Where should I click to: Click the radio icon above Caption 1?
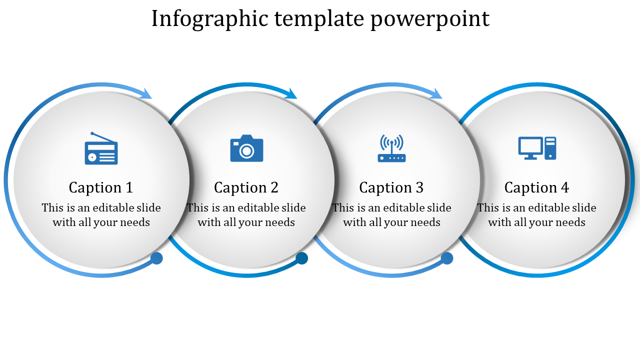(101, 148)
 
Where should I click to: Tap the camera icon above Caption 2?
(246, 148)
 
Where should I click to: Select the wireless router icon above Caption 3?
(391, 148)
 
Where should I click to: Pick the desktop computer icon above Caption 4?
(537, 148)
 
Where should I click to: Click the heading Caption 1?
(101, 187)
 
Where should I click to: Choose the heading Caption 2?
(246, 187)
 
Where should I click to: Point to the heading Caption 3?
(391, 187)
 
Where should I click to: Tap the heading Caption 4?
(536, 187)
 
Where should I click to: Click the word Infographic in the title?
(210, 19)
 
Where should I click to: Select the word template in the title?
(319, 19)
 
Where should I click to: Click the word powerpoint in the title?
(430, 19)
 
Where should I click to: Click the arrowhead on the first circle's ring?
(146, 93)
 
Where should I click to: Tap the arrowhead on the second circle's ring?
(291, 93)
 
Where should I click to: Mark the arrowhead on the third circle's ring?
(436, 93)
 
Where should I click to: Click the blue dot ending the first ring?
(156, 258)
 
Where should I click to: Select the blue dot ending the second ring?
(301, 258)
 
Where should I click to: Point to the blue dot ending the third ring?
(447, 258)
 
